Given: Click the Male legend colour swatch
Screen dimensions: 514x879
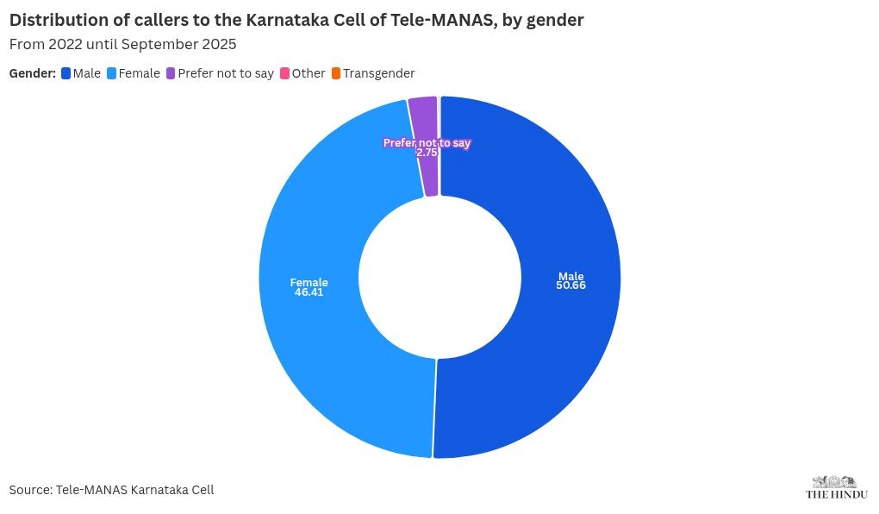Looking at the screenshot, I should click(x=65, y=73).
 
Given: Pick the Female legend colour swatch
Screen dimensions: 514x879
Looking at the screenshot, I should click(x=111, y=73).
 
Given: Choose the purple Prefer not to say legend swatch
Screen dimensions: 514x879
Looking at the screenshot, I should click(x=171, y=73).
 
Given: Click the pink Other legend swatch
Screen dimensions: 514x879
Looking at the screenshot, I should click(x=284, y=73).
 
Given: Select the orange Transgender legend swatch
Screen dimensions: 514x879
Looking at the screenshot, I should click(x=335, y=73).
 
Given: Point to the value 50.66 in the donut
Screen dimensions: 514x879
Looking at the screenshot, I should click(x=570, y=285).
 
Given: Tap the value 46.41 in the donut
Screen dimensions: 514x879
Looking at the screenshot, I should click(x=309, y=292).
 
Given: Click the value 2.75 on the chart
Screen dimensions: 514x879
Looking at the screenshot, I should click(x=427, y=152).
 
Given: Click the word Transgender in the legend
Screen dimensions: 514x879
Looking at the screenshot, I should click(x=378, y=73).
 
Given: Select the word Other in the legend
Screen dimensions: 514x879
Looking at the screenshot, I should click(x=309, y=73).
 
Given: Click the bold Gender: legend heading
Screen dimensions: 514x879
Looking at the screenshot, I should click(x=33, y=73).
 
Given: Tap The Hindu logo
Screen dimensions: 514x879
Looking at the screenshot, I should click(x=836, y=487).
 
